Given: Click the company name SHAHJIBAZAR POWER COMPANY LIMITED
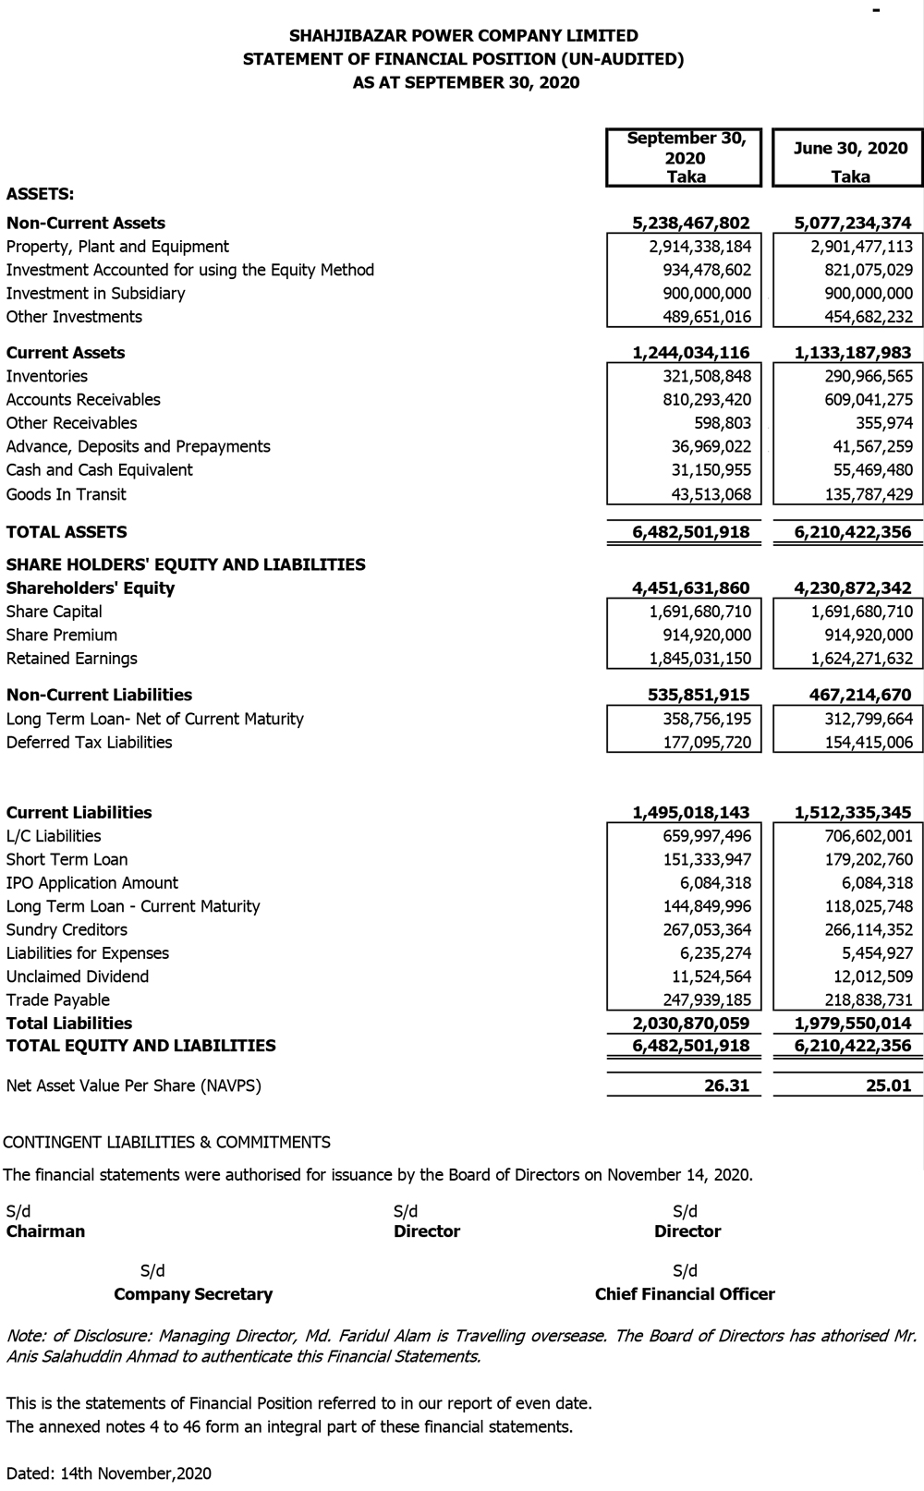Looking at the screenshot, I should (x=463, y=36).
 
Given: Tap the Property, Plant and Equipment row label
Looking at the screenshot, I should (x=117, y=247).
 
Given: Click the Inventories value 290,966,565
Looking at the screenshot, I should (x=869, y=376).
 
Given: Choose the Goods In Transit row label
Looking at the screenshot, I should (x=66, y=494).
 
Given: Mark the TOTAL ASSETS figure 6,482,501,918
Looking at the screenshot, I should (x=691, y=532).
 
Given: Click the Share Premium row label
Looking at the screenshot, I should (x=62, y=635).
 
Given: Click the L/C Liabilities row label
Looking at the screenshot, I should (x=54, y=836).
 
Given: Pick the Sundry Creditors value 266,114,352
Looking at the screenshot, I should (x=869, y=930).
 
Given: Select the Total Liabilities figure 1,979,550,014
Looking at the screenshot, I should (x=853, y=1024).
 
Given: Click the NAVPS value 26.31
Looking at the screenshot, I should (x=726, y=1085).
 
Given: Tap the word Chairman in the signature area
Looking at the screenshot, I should (x=45, y=1231).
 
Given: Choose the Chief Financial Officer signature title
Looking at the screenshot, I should (x=685, y=1294).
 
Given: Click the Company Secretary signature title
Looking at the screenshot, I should (x=193, y=1294).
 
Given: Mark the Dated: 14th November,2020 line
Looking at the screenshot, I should (x=108, y=1473).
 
